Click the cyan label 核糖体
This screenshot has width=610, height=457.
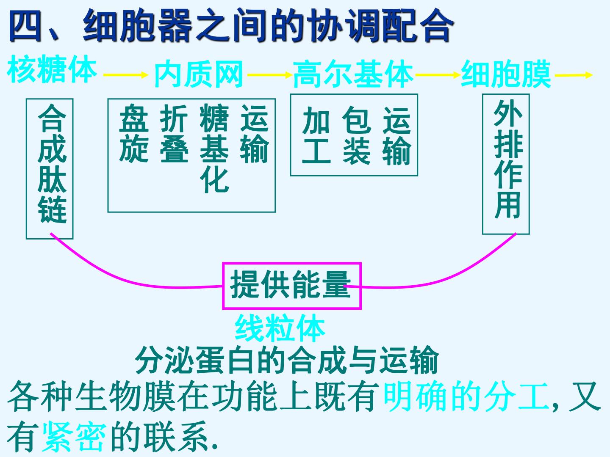(52, 69)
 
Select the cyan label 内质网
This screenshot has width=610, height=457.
(199, 74)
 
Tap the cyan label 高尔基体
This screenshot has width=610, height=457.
(353, 74)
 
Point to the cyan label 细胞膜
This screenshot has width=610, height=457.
(506, 74)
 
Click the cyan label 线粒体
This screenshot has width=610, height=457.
(280, 328)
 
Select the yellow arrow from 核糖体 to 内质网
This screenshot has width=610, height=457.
(126, 74)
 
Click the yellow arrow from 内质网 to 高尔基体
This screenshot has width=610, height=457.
(269, 74)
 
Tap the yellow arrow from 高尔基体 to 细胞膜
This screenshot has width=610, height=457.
(438, 74)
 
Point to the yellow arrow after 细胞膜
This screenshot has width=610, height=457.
(574, 74)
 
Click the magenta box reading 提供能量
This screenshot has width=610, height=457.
(292, 263)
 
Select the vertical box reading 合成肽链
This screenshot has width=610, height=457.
(26, 169)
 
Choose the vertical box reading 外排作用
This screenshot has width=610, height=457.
(483, 164)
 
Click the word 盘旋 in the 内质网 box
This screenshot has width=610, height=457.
(134, 133)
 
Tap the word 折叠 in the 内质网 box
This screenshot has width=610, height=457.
(174, 133)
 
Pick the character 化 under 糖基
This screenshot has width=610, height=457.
(214, 179)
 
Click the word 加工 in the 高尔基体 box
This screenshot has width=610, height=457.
(316, 135)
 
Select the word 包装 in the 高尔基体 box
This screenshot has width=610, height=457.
(357, 135)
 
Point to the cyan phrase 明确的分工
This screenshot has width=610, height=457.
(466, 396)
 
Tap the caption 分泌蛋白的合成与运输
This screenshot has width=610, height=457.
(287, 360)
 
